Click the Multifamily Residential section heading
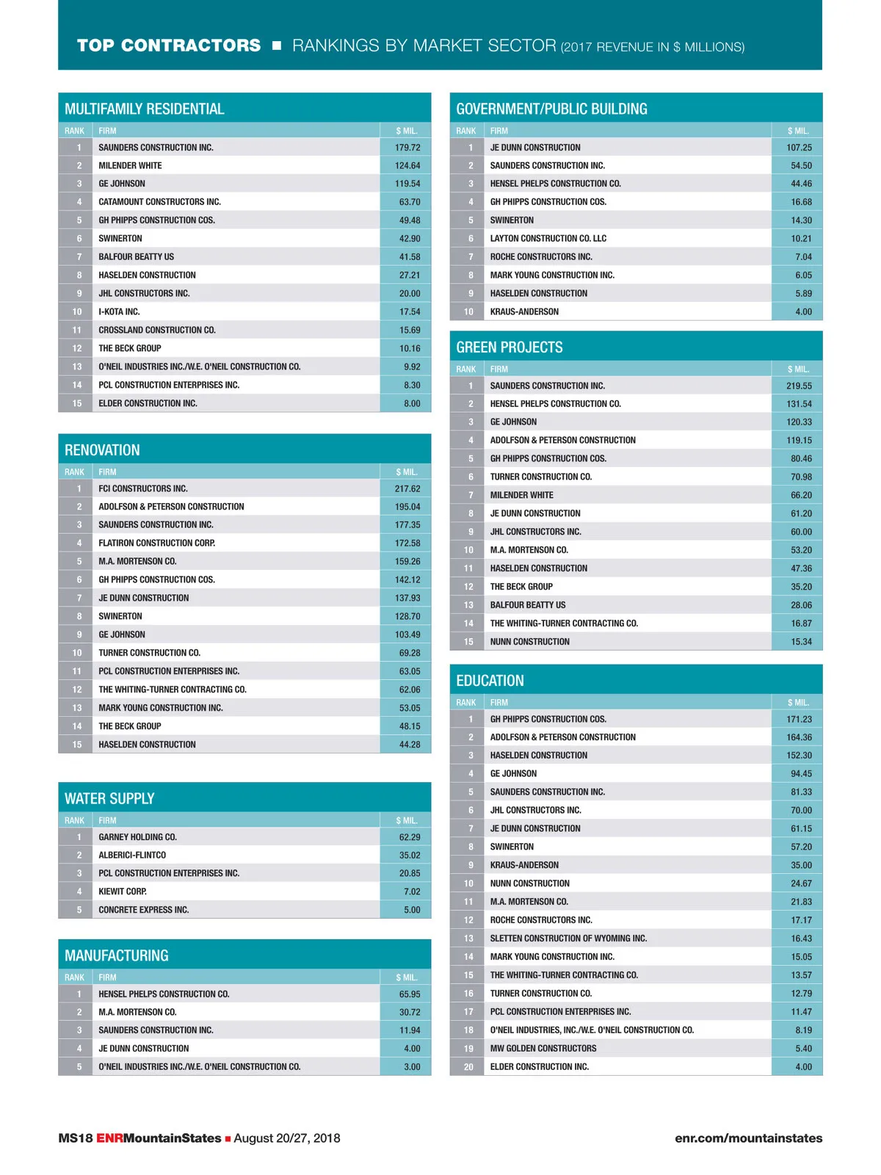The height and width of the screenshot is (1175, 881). pos(145,109)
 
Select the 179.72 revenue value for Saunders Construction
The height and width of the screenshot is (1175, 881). pos(407,148)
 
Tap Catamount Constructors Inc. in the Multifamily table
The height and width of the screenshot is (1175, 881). pos(159,202)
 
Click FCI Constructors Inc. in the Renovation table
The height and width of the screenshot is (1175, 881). pos(143,488)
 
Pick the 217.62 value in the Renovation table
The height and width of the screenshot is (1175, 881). pos(407,488)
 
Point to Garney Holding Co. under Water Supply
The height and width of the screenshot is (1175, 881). pos(137,837)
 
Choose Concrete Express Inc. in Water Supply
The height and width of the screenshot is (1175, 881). pos(144,910)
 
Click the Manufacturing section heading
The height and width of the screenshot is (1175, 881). pos(117,955)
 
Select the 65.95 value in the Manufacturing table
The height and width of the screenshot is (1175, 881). pos(410,994)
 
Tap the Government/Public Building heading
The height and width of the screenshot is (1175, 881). pos(551,109)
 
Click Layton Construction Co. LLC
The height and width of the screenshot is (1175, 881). pos(548,239)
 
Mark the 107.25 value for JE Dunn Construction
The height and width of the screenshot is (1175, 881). pos(799,148)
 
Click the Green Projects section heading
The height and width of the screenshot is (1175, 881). pos(510,347)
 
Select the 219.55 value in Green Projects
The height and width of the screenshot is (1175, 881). pos(799,386)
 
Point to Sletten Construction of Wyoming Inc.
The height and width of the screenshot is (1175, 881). pos(568,939)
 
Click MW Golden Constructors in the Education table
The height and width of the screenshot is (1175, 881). pos(543,1049)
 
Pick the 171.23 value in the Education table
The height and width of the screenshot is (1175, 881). pos(799,719)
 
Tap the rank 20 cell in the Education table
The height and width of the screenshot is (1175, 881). pos(468,1067)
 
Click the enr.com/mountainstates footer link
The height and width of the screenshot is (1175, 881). pos(748,1138)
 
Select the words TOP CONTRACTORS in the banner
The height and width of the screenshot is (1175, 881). pos(169,46)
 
